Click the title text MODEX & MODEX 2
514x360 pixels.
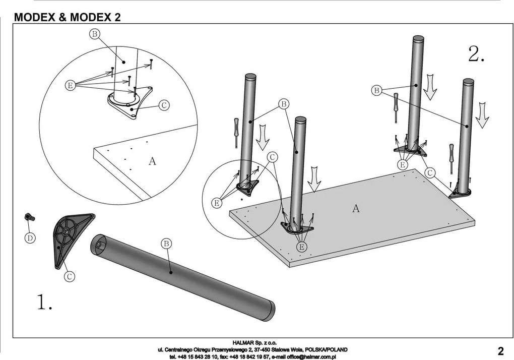click(x=68, y=17)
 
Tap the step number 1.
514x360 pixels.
click(x=44, y=302)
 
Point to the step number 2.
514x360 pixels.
click(x=476, y=54)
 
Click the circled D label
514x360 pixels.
click(x=30, y=238)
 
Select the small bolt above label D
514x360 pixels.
click(x=29, y=217)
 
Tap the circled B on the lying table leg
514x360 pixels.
click(x=166, y=244)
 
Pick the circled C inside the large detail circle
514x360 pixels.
click(x=164, y=105)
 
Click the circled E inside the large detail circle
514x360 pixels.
click(x=70, y=86)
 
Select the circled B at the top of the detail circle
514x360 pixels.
click(x=94, y=34)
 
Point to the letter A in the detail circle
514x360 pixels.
click(x=152, y=161)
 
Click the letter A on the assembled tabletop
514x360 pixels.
click(x=356, y=208)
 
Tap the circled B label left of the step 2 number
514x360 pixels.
click(x=376, y=91)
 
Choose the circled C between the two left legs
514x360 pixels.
click(x=272, y=157)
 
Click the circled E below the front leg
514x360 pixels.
click(x=301, y=247)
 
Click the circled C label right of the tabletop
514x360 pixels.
click(x=429, y=172)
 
